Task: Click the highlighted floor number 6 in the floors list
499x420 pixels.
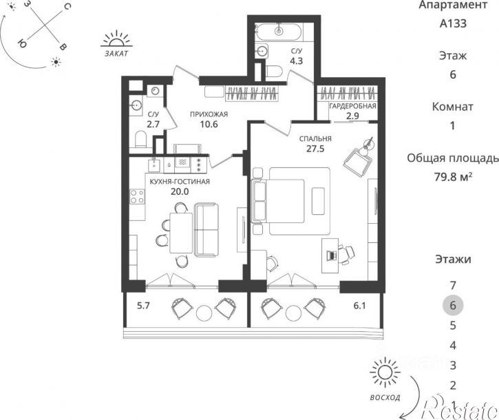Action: tap(453, 306)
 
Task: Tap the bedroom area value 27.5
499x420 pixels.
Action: tap(315, 149)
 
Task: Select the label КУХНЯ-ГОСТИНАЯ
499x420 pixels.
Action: tap(180, 182)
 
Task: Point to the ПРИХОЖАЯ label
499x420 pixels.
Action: tap(209, 114)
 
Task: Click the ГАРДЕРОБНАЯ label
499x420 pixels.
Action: tap(352, 106)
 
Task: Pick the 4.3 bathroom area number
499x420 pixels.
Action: tap(296, 61)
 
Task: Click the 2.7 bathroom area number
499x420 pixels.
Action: tap(153, 124)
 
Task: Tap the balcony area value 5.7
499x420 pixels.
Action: tap(143, 306)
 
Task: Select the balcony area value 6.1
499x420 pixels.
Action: tap(359, 306)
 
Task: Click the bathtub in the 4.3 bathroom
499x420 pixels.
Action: tap(279, 31)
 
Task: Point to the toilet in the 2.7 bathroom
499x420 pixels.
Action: tap(140, 139)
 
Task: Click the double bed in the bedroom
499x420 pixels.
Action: tap(278, 201)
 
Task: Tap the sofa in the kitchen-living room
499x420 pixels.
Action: tap(206, 229)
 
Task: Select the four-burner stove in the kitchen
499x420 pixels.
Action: tap(137, 196)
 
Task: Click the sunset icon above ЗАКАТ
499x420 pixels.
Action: tap(116, 39)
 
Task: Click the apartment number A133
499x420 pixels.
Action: tap(453, 23)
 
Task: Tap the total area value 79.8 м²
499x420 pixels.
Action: tap(453, 176)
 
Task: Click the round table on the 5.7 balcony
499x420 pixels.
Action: tap(204, 313)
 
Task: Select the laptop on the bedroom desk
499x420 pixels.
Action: tap(331, 255)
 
